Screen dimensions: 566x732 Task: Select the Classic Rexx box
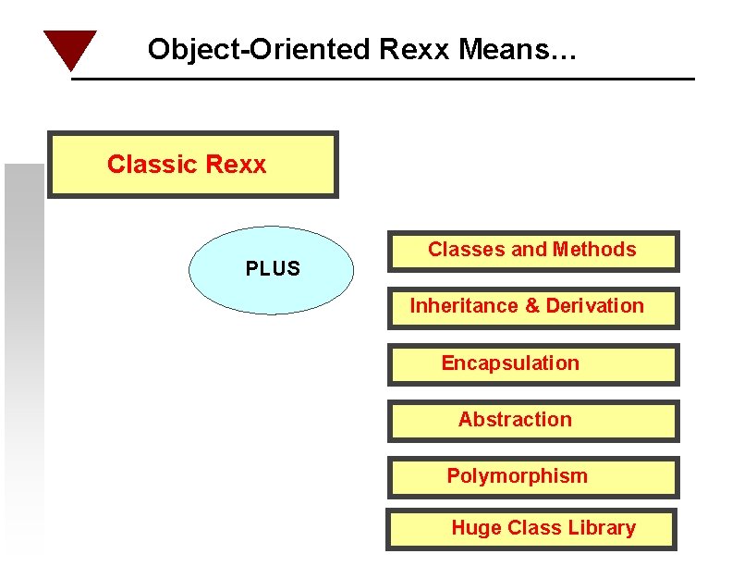pos(193,165)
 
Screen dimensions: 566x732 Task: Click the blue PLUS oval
pos(272,270)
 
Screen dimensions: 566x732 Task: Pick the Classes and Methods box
pos(533,251)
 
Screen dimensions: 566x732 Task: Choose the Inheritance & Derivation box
pos(533,308)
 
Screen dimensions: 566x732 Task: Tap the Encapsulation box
pos(533,364)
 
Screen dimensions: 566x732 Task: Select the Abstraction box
pos(533,421)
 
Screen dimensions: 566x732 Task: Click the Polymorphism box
pos(533,477)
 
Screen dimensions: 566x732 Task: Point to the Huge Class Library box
pos(531,529)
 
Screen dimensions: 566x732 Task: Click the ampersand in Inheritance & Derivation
pos(531,306)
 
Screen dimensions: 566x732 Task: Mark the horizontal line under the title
pos(383,80)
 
